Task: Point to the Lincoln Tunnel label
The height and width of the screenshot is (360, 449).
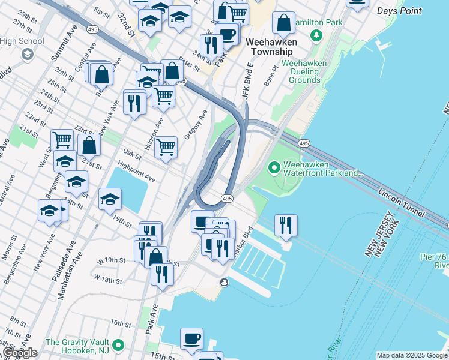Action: pos(402,203)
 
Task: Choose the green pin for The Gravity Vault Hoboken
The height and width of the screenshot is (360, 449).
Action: pos(118,345)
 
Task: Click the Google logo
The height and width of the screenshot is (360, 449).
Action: pos(20,353)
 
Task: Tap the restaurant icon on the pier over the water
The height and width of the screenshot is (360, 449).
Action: pos(286,225)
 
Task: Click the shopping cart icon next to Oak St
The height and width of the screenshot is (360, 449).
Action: pos(166,146)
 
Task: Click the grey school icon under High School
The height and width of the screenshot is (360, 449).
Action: pos(27,55)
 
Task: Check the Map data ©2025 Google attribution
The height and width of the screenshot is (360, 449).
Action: pos(412,355)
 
